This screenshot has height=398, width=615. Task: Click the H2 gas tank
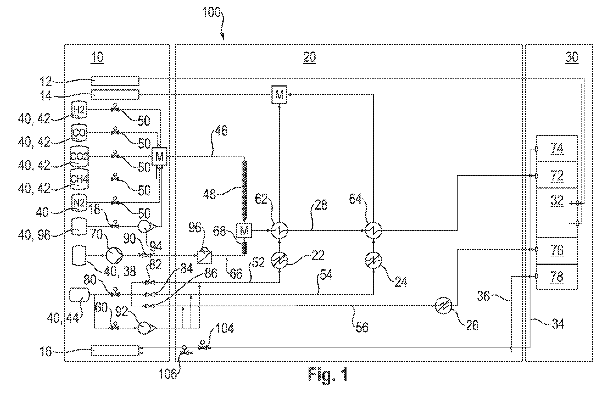point(79,110)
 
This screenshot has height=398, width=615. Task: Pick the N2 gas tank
point(79,203)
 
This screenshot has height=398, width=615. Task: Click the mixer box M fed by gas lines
point(159,156)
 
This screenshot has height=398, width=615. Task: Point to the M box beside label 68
point(244,230)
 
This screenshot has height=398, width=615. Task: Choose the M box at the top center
point(279,95)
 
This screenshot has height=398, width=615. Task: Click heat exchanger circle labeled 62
point(279,230)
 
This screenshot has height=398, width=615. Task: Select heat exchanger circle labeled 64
point(373,230)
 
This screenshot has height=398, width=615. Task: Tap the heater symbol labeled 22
point(279,260)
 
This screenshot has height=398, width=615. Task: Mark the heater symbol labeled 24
point(373,260)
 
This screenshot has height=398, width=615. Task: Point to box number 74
point(557,149)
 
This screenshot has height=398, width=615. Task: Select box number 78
point(557,277)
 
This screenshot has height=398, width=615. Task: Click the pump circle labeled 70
point(114,255)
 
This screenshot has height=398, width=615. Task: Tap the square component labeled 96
point(205,257)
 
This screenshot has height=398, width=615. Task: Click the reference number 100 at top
point(211,13)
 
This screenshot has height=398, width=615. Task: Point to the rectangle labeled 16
point(115,351)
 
